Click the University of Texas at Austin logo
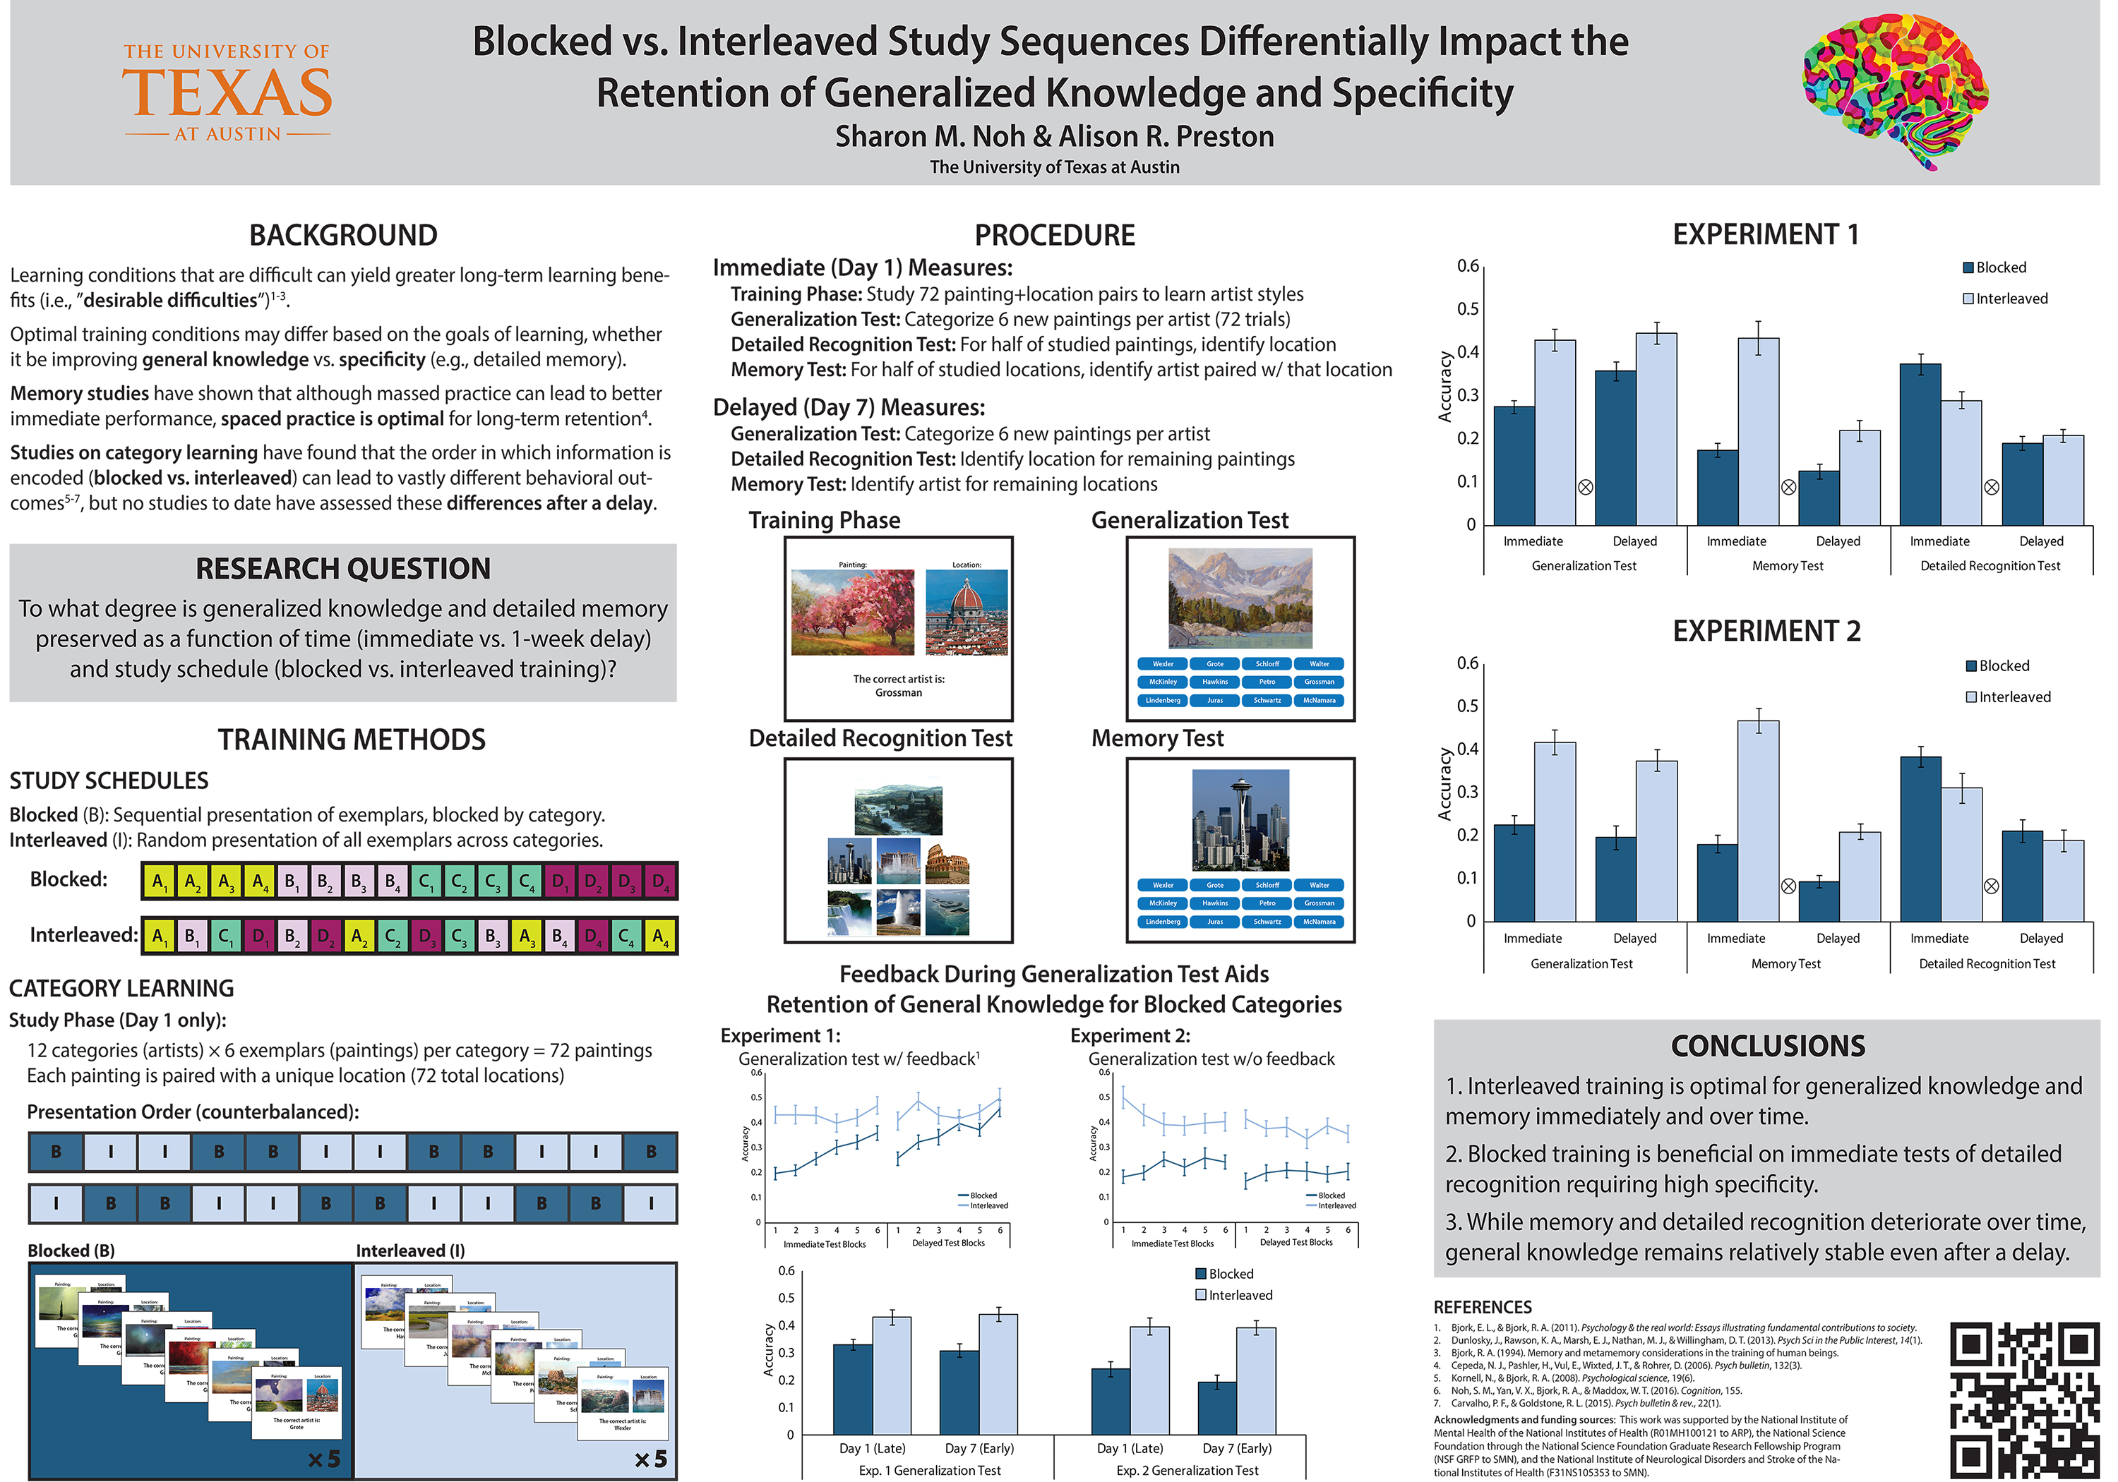point(227,92)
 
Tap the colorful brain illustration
point(1895,92)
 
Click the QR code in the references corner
point(2024,1398)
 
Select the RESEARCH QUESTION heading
point(342,569)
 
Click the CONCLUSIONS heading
point(1767,1046)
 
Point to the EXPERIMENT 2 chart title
point(1766,632)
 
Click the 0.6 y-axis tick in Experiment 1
point(1468,267)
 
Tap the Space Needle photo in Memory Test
point(1240,820)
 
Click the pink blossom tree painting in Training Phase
point(852,613)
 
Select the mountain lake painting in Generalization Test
point(1240,598)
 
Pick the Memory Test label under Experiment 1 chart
point(1787,566)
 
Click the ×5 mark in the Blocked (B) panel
point(324,1459)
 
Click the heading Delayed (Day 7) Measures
point(849,408)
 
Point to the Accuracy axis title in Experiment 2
point(1444,784)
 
